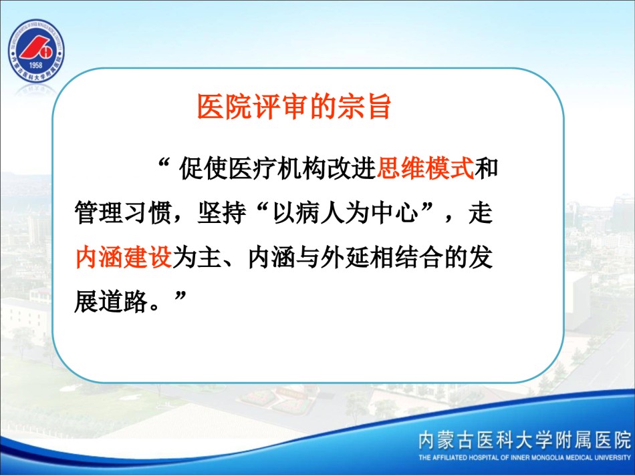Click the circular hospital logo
pyautogui.click(x=36, y=51)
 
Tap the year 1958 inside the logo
pyautogui.click(x=35, y=65)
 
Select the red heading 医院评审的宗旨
pyautogui.click(x=294, y=107)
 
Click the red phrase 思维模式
pyautogui.click(x=425, y=168)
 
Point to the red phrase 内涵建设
pyautogui.click(x=124, y=257)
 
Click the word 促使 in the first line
pyautogui.click(x=204, y=168)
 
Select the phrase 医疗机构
pyautogui.click(x=278, y=168)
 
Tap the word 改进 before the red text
pyautogui.click(x=352, y=168)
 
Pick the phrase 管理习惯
pyautogui.click(x=123, y=212)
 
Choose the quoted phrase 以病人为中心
pyautogui.click(x=345, y=212)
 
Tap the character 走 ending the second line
pyautogui.click(x=481, y=212)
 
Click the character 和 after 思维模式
pyautogui.click(x=487, y=168)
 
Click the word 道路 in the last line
pyautogui.click(x=123, y=302)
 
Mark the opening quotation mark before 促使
pyautogui.click(x=164, y=163)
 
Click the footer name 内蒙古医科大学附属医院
pyautogui.click(x=525, y=440)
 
